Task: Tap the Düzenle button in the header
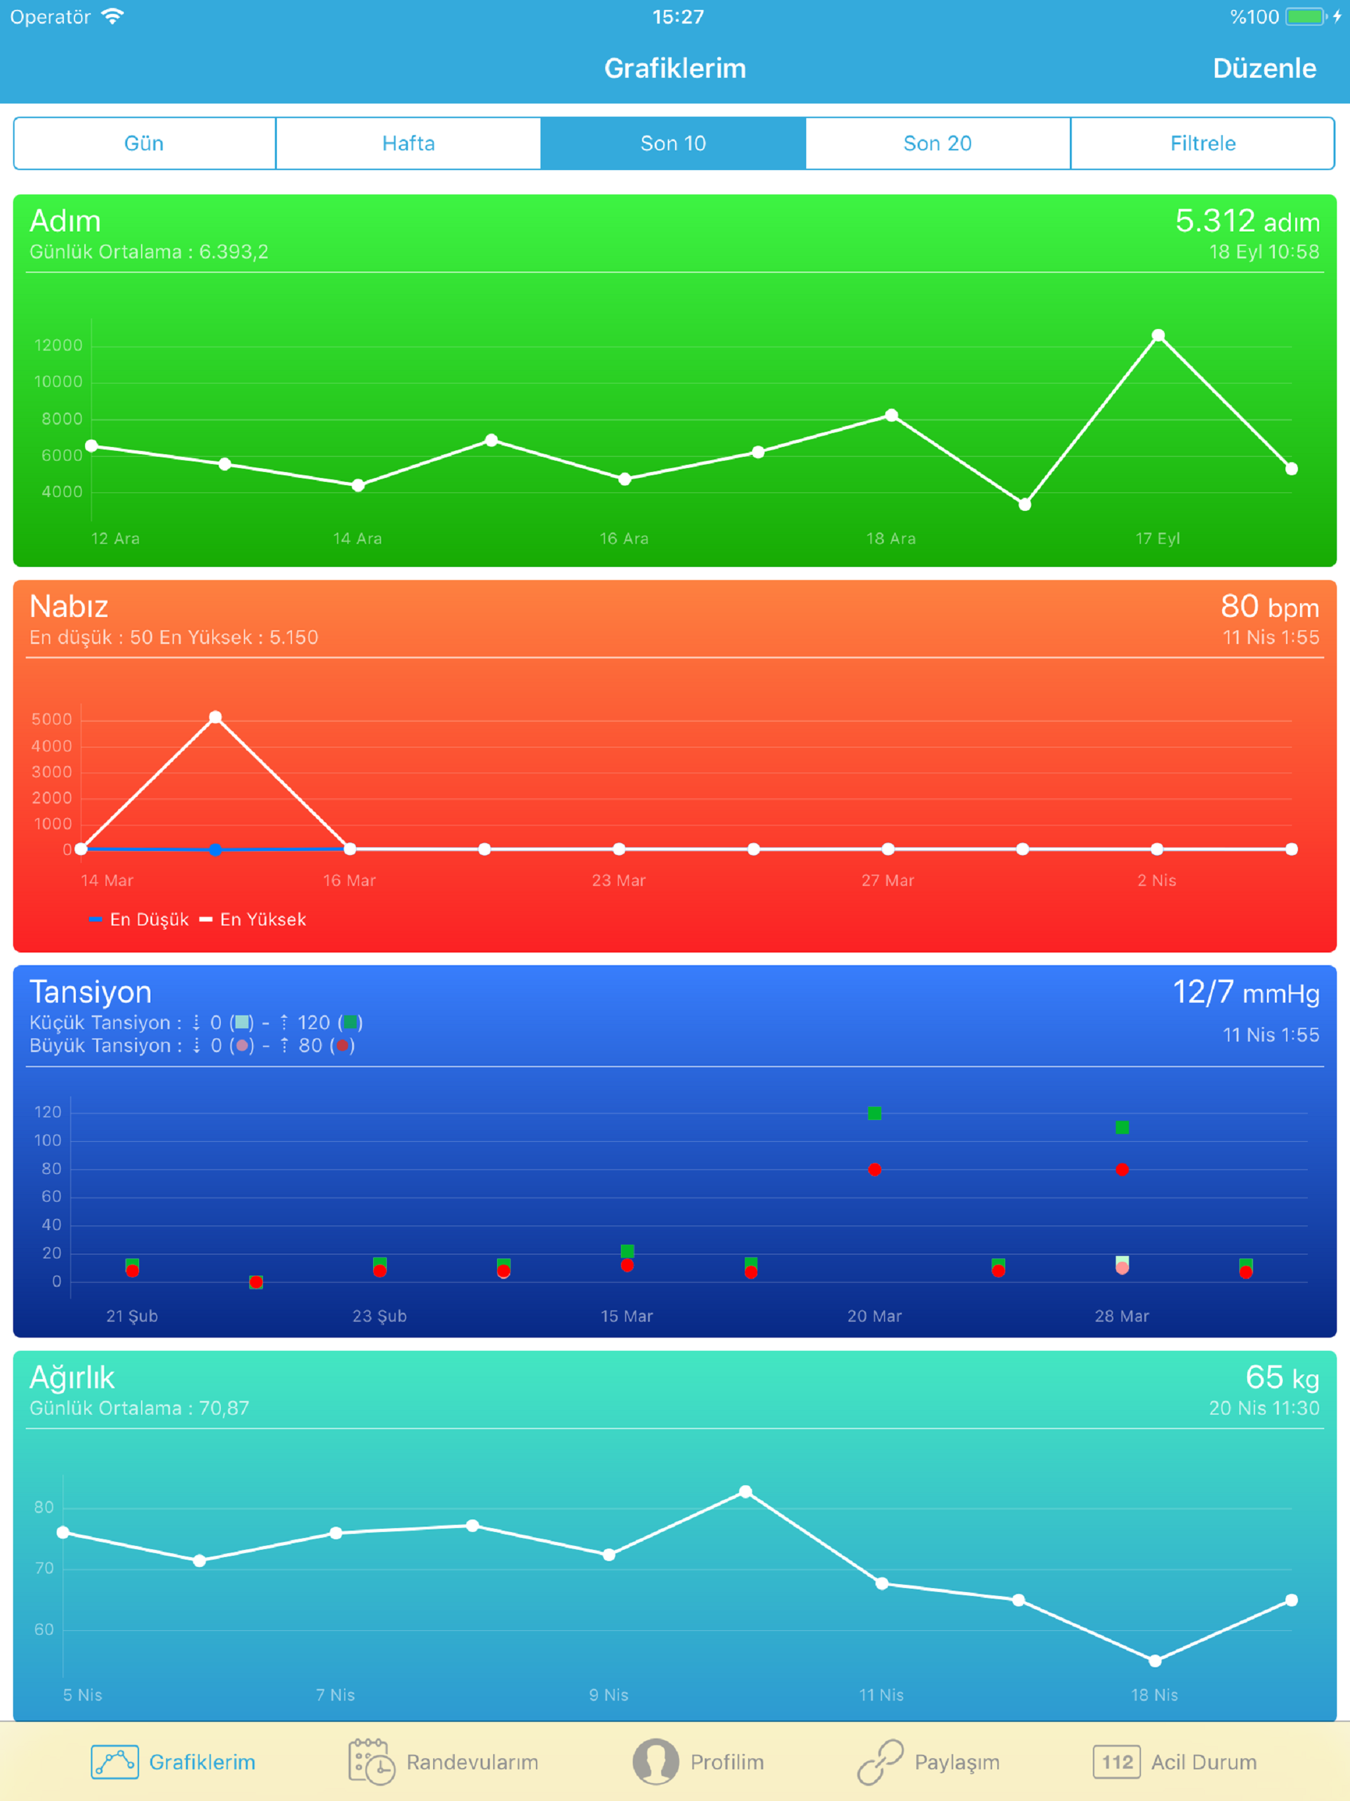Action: point(1264,69)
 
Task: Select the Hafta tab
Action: point(408,143)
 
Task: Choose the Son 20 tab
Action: point(937,143)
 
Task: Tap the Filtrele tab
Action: point(1202,143)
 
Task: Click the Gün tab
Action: point(144,143)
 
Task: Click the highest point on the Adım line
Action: point(1158,336)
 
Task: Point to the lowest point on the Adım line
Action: point(1025,505)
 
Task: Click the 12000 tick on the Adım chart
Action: point(59,345)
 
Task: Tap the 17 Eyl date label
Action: point(1157,538)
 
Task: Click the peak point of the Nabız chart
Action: point(216,717)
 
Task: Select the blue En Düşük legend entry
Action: point(139,919)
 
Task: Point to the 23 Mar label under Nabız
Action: point(619,880)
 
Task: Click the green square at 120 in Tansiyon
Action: point(875,1113)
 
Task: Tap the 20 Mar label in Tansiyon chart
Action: point(875,1316)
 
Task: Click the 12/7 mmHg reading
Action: point(1245,993)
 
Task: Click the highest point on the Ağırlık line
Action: point(746,1492)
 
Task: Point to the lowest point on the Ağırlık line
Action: point(1155,1660)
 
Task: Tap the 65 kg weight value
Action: point(1281,1378)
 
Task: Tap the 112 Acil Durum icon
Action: point(1116,1762)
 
